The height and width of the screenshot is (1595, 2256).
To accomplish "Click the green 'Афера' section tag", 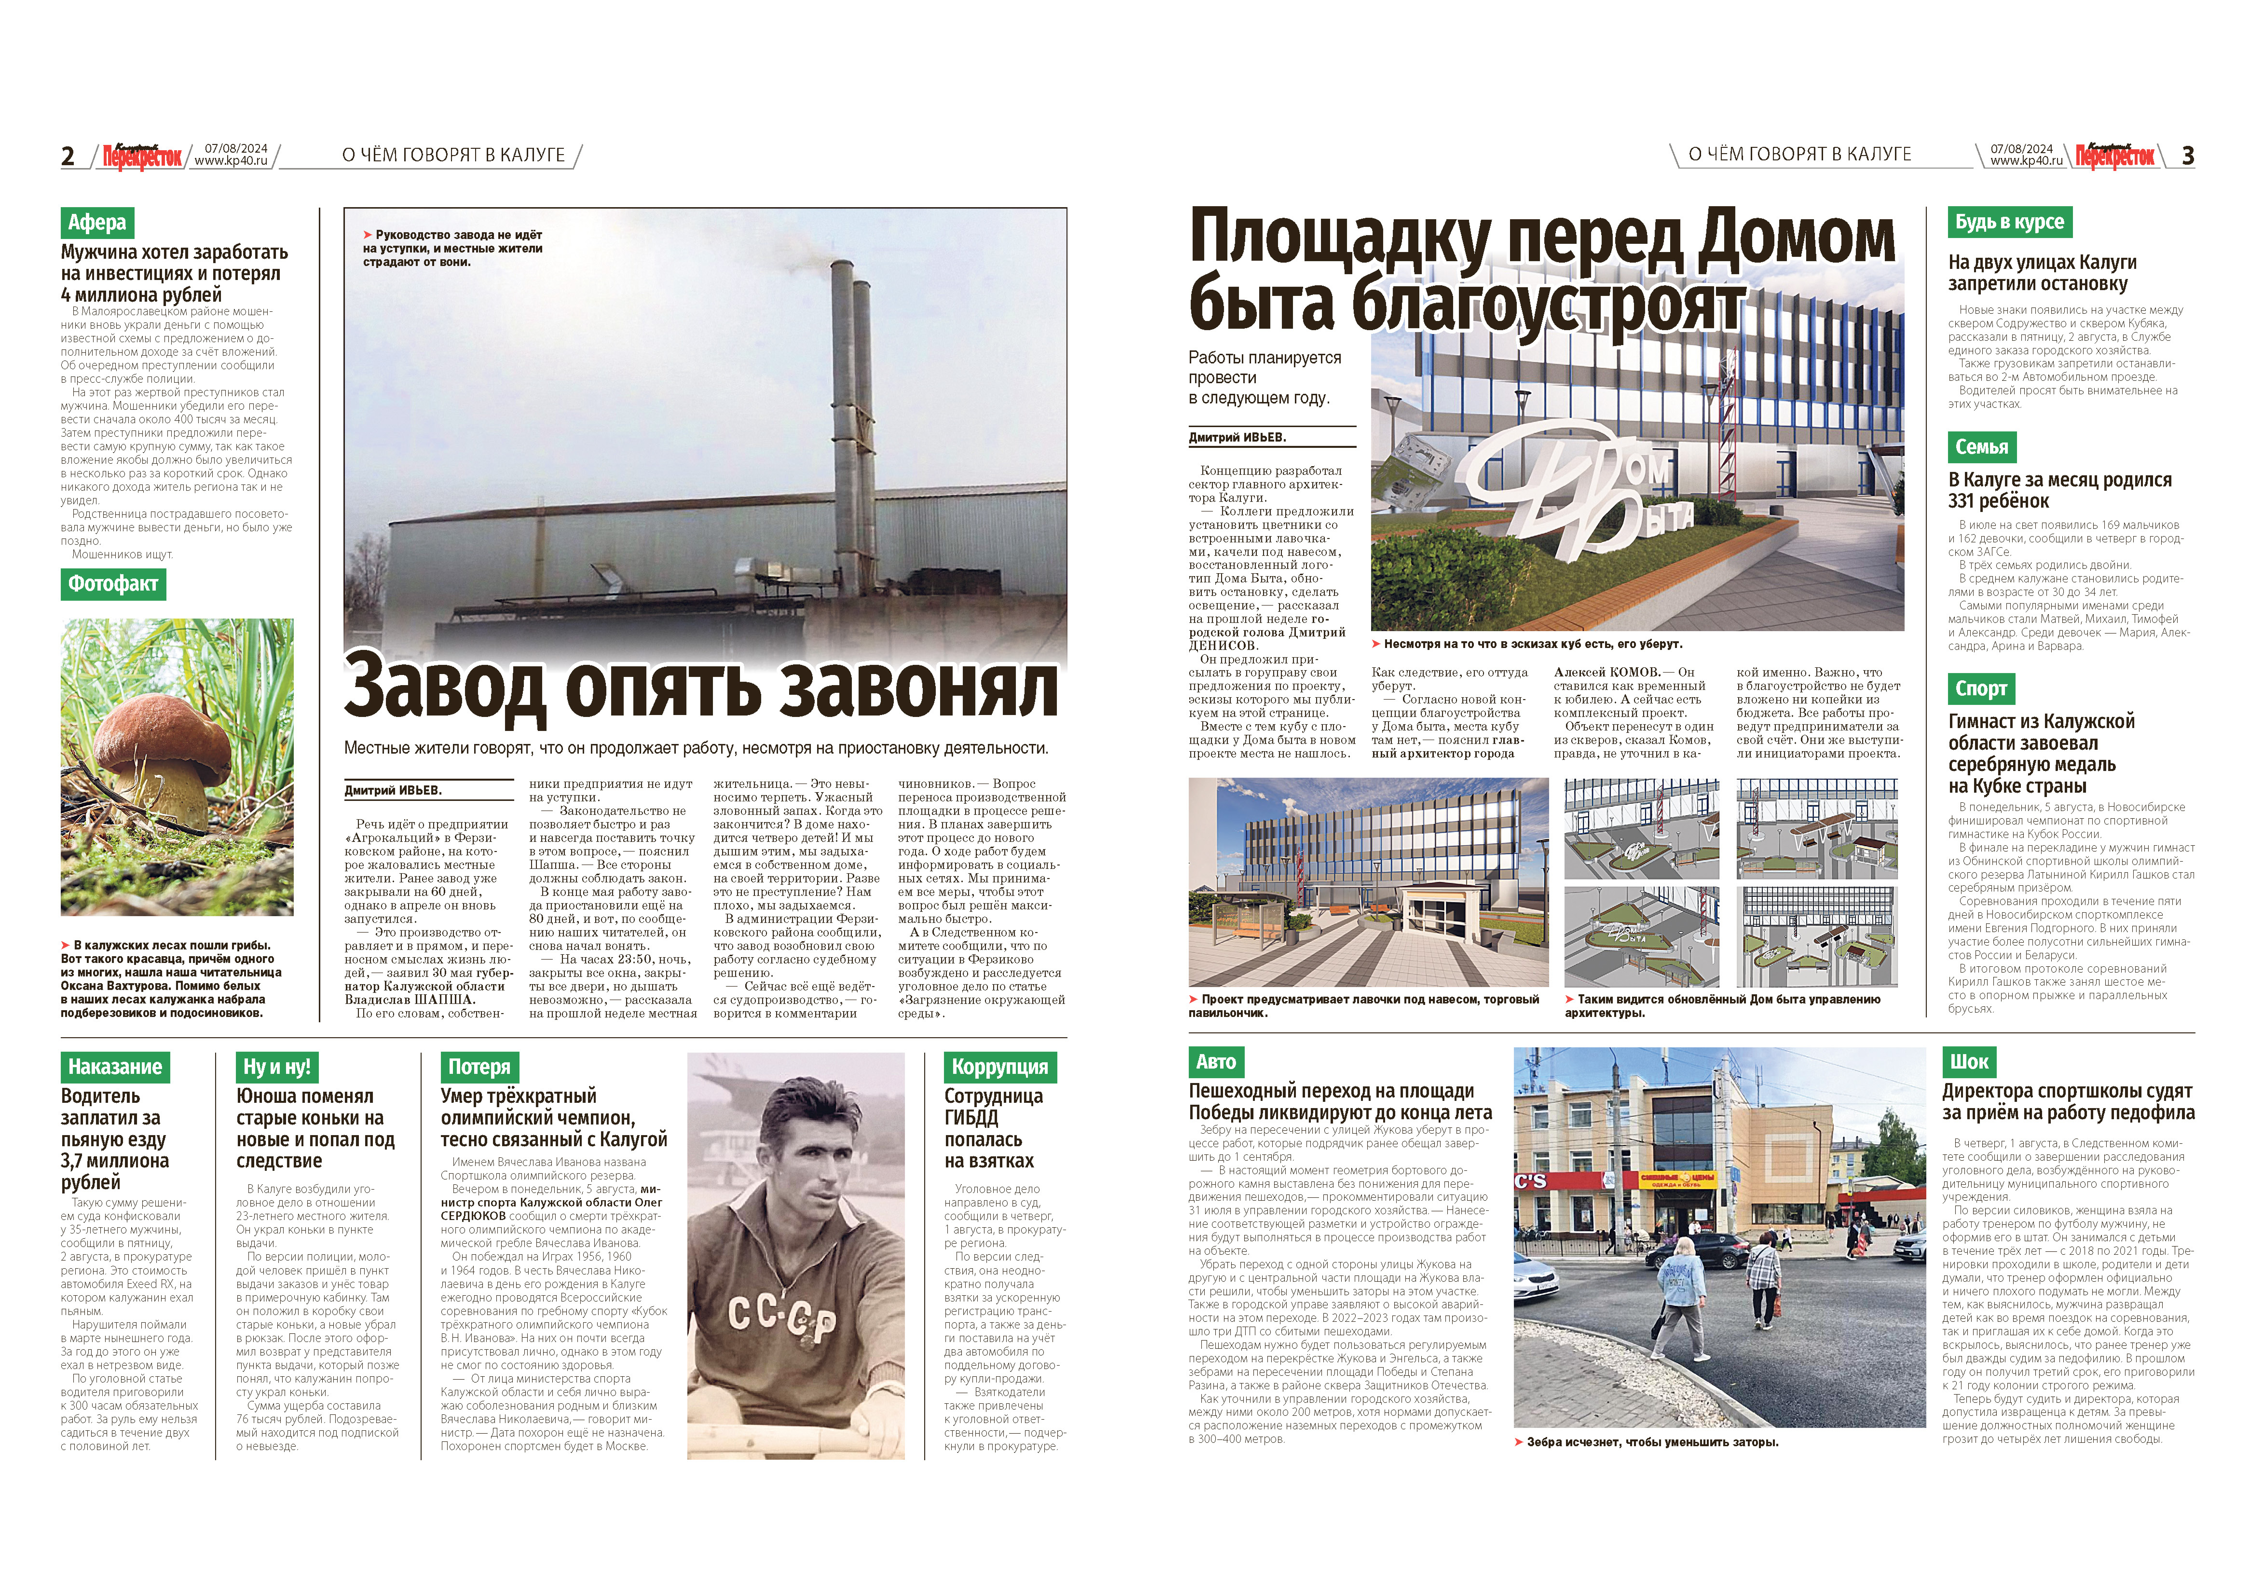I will click(96, 222).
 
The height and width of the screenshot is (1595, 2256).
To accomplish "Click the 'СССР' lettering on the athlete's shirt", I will click(781, 1317).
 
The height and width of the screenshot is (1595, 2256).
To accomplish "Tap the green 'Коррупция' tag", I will click(999, 1066).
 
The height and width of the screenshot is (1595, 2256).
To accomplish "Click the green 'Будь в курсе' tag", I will click(2009, 222).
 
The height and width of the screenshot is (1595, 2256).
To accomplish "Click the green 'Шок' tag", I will click(1969, 1061).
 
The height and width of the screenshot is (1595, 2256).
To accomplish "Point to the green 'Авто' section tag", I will click(1216, 1061).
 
